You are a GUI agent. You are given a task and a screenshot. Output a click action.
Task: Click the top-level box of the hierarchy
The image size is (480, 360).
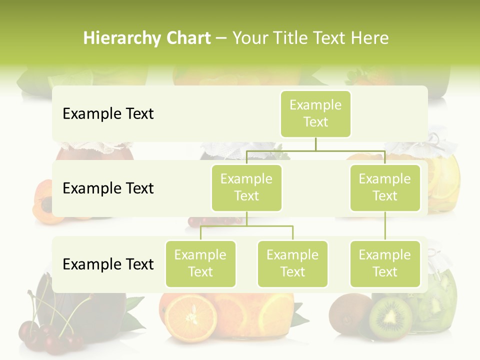315,114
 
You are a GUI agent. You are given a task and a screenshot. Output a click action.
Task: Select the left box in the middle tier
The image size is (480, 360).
246,188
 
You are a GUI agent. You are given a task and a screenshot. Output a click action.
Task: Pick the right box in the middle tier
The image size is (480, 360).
385,188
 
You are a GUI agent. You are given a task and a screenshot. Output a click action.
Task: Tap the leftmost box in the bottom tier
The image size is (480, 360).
200,264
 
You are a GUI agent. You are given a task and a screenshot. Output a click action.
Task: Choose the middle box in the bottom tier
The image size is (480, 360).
292,264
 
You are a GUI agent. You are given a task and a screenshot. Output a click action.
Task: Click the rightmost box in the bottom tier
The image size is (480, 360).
385,264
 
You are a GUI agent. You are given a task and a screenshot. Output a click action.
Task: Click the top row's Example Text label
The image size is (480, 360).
108,114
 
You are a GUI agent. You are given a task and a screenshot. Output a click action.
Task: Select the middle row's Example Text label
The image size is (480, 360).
108,188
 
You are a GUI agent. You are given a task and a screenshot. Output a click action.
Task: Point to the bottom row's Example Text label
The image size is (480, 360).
108,264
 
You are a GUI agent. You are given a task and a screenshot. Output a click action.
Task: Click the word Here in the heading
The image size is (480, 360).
371,38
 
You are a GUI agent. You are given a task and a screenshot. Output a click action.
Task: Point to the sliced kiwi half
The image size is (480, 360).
390,318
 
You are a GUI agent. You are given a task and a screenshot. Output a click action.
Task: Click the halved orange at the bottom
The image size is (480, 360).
191,317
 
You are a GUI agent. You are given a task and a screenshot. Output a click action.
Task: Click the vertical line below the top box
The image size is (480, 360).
315,144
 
